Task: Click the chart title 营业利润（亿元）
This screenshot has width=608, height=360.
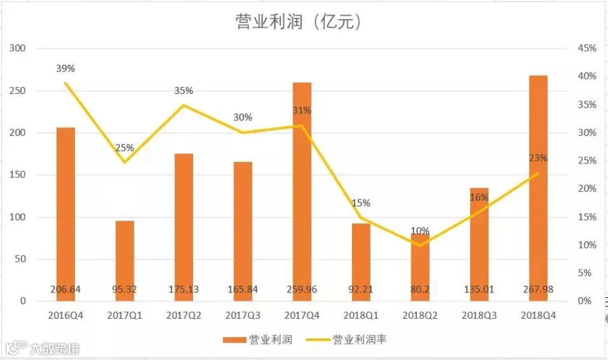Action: click(x=298, y=22)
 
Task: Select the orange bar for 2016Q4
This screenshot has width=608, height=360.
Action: click(x=66, y=214)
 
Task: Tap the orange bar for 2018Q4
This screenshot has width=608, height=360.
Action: click(x=538, y=188)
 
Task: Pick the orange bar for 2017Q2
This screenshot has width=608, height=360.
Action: click(x=184, y=228)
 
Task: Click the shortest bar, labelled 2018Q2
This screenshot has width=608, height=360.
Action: click(x=420, y=267)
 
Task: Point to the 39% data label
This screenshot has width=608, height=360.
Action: click(x=65, y=69)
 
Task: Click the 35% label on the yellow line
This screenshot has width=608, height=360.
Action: click(x=183, y=91)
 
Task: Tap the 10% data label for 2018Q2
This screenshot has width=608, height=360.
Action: click(x=420, y=231)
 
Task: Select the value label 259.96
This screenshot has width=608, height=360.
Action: click(x=302, y=290)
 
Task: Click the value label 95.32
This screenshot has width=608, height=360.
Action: click(x=124, y=290)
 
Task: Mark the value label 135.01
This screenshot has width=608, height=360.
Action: click(x=479, y=290)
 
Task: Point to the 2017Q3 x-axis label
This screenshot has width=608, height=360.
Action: click(x=243, y=315)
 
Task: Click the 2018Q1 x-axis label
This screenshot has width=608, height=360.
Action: click(x=361, y=315)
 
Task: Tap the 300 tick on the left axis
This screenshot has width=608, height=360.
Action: click(x=18, y=49)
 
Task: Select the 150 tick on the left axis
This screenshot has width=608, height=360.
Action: click(x=18, y=175)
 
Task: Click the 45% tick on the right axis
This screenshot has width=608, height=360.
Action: click(x=587, y=49)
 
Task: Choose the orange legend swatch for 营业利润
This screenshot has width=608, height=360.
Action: click(x=234, y=340)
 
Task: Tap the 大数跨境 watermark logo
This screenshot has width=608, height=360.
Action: click(x=43, y=349)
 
